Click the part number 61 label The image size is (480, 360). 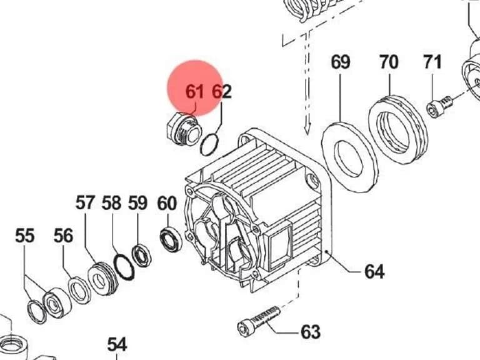pos(195,91)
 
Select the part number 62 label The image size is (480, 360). pos(222,91)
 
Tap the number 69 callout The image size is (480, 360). pos(341,62)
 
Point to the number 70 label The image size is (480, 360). pos(389,62)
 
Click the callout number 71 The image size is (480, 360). pos(432,62)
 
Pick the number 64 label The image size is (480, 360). pos(374,271)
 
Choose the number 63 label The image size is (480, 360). pos(311,332)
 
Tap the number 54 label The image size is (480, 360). pos(117,345)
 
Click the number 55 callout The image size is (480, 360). pos(25,236)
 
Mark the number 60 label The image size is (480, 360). pos(167,203)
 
